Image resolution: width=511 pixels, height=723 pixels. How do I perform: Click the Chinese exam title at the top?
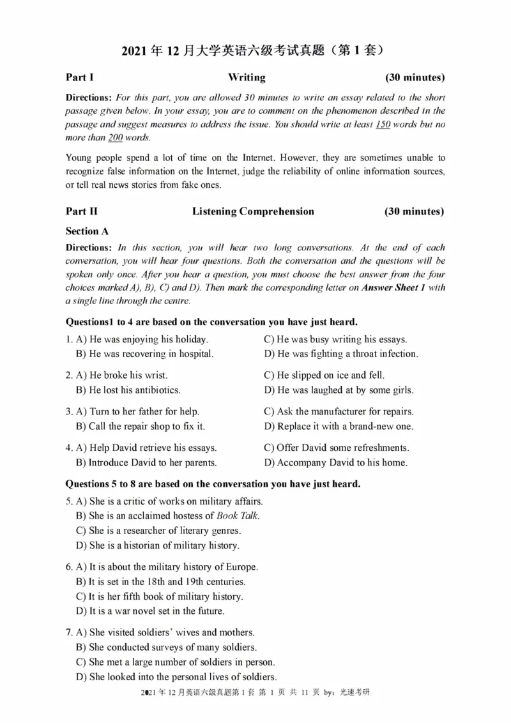[x=255, y=50]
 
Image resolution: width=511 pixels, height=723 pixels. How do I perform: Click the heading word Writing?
[x=247, y=78]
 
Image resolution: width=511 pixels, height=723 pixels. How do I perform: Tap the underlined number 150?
[x=382, y=125]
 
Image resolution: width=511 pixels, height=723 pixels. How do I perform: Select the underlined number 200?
[x=115, y=138]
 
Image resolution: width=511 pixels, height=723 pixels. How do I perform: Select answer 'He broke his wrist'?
[x=121, y=376]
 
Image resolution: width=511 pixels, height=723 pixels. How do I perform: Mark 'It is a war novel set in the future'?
[x=149, y=611]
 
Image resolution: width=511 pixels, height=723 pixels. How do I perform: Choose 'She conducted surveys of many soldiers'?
[x=167, y=648]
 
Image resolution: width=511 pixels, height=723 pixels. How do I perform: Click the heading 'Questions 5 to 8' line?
[x=213, y=485]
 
